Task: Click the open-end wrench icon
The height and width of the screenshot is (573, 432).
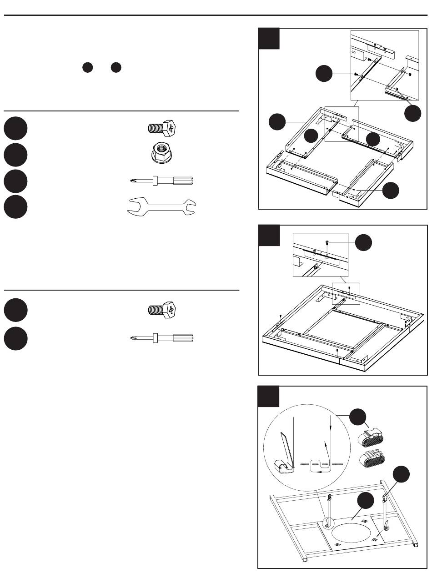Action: (x=161, y=207)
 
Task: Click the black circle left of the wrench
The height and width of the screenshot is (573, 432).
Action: (x=16, y=207)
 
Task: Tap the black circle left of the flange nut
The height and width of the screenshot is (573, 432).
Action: (x=16, y=155)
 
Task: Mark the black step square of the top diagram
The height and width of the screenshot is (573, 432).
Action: (x=268, y=39)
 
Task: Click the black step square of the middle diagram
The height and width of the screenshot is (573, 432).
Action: (x=268, y=234)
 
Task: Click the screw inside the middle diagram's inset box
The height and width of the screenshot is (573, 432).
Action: (x=327, y=244)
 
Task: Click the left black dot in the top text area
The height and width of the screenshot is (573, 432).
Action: (x=87, y=67)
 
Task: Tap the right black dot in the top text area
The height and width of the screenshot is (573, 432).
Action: (x=116, y=67)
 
